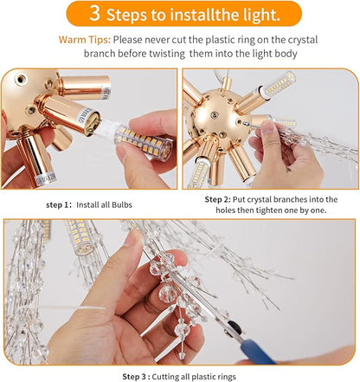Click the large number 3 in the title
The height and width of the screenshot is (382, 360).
(x=95, y=13)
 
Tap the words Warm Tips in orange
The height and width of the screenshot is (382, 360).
(x=85, y=40)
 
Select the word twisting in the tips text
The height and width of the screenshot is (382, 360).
(x=167, y=54)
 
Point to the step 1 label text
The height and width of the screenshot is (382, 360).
(x=58, y=205)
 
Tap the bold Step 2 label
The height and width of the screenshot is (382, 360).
(x=218, y=199)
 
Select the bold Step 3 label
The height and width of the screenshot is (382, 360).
(x=136, y=377)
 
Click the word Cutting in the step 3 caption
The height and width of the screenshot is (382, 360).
(x=164, y=377)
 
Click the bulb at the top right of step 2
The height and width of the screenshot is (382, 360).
(x=279, y=83)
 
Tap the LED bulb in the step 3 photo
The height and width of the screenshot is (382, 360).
(x=80, y=237)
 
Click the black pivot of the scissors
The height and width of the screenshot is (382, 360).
(x=235, y=327)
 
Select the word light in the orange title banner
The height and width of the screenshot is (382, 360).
(x=261, y=15)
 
